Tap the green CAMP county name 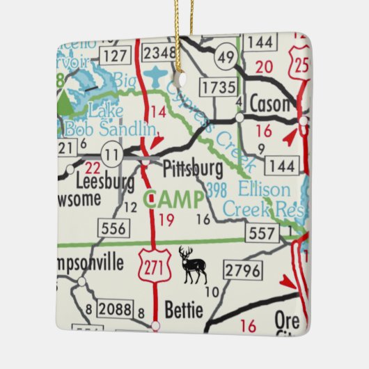point(174,200)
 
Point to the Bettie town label point(184,308)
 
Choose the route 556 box point(113,228)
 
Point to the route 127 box point(115,54)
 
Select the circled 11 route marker point(109,152)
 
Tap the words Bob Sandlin point(110,129)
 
